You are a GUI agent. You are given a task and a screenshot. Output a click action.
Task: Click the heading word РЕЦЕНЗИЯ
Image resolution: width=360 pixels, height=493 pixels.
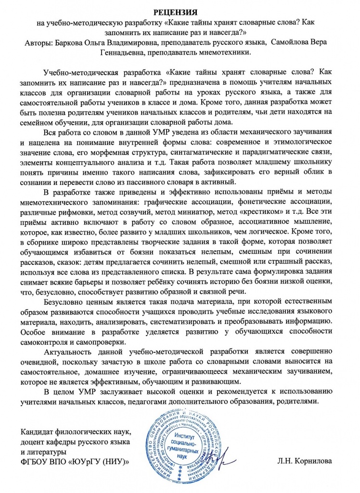(x=180, y=11)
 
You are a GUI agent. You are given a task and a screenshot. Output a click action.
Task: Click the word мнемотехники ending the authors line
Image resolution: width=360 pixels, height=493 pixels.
(x=224, y=54)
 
